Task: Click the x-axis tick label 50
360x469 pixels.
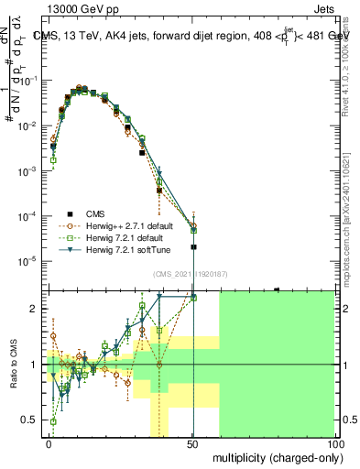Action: (192, 443)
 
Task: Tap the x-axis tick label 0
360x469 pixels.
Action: (49, 443)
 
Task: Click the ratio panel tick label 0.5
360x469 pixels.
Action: (29, 420)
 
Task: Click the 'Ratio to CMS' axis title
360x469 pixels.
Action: (13, 364)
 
